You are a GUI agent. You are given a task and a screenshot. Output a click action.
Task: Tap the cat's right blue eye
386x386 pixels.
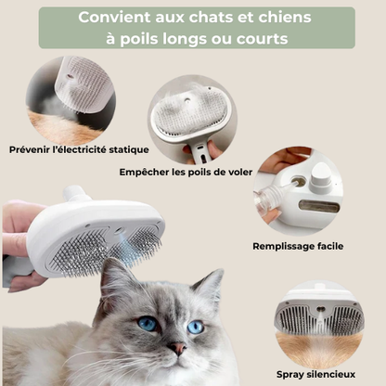(195, 327)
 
